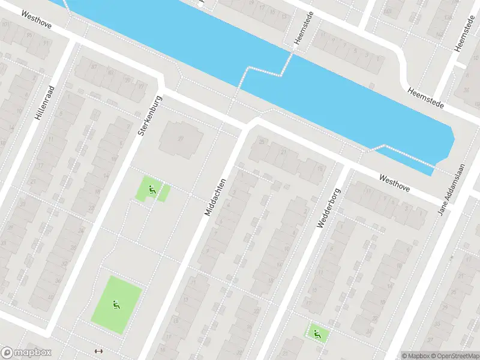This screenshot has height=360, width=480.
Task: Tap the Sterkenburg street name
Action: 150,114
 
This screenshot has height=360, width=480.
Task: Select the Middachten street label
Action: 215,197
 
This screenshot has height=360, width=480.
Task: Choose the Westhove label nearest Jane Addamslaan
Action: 394,183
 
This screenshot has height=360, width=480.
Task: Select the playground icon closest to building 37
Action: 153,190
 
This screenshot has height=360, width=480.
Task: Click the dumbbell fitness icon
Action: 99,351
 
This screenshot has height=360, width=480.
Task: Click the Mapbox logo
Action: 26,353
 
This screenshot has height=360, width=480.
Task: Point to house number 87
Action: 94,66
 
